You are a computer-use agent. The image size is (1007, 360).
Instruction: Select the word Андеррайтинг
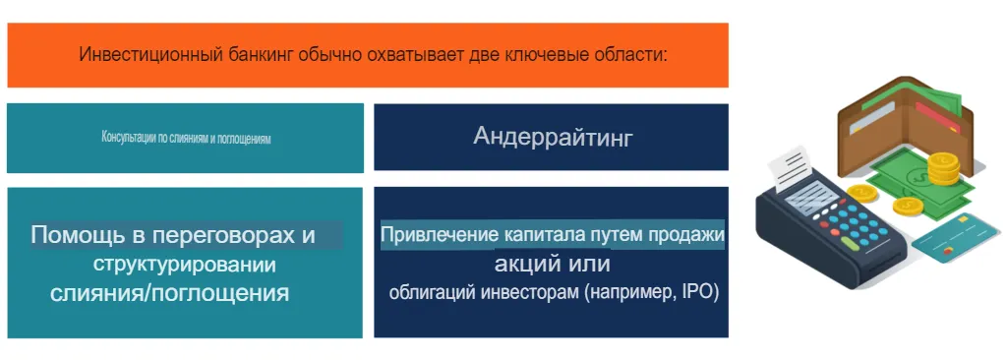point(553,137)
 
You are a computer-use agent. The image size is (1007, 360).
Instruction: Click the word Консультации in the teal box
point(125,138)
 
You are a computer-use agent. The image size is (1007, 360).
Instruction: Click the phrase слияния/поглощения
point(170,293)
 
